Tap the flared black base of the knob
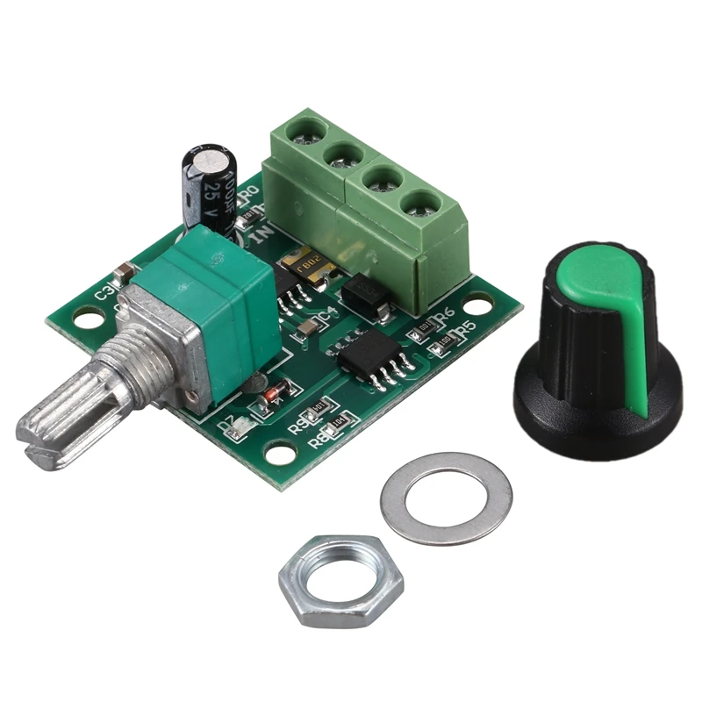[x=597, y=404]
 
